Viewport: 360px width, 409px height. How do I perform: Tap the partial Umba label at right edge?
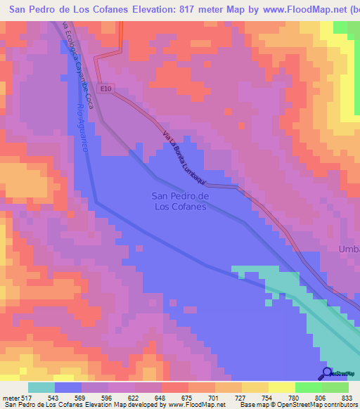(x=349, y=249)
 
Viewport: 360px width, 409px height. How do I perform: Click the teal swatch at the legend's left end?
(x=41, y=387)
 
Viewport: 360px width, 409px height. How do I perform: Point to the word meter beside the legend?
(x=11, y=398)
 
